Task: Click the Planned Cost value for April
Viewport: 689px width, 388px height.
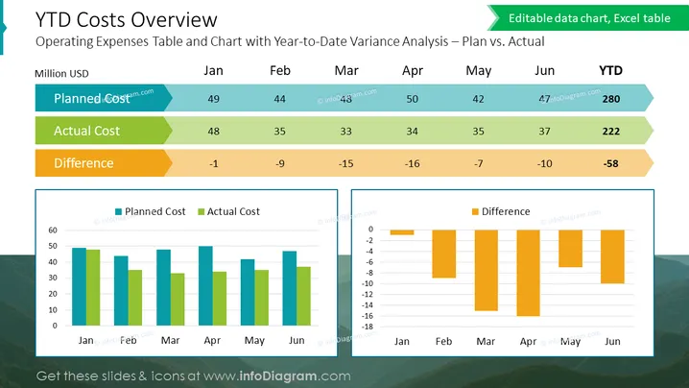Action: coord(413,99)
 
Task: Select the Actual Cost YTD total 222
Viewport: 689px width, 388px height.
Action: coord(610,131)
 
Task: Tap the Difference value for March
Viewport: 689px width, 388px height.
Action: coord(345,163)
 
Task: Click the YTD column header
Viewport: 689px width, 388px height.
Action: coord(610,70)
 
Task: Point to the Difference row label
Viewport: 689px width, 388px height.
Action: coord(83,163)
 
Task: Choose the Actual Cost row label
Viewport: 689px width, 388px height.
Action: coord(86,131)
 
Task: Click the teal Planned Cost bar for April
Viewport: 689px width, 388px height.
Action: coord(205,286)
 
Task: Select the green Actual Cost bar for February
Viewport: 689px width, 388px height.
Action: coord(135,298)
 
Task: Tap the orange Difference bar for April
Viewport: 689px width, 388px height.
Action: coord(528,273)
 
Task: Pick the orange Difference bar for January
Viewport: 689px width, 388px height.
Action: coord(402,232)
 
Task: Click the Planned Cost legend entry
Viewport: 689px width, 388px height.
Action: coord(151,211)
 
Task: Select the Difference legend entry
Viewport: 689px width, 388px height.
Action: coord(501,211)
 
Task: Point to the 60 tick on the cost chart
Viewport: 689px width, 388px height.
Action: coord(53,230)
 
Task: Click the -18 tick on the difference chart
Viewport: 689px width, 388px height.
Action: coord(368,327)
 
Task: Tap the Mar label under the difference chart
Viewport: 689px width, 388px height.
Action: coord(486,341)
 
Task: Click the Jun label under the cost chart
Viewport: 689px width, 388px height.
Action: coord(297,341)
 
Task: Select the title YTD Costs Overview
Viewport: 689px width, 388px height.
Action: coord(126,20)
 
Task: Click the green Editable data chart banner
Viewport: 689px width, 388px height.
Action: coord(588,18)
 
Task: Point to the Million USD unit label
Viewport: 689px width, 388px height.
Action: coord(61,73)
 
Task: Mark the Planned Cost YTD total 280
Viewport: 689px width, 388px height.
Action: coord(610,99)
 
